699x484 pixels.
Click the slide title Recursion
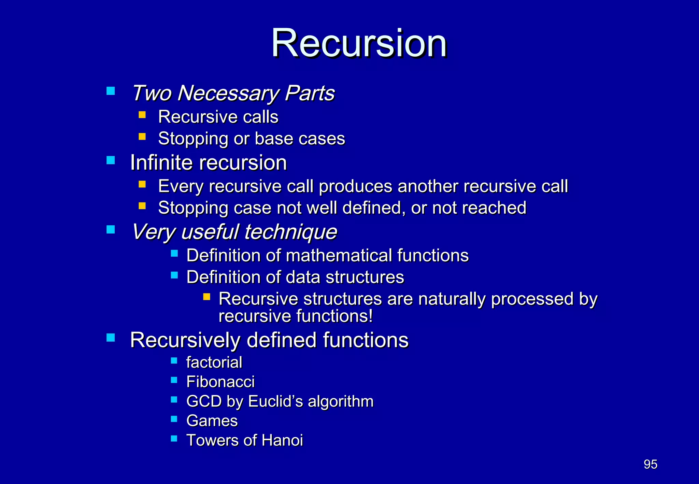[359, 43]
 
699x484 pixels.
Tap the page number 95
[650, 464]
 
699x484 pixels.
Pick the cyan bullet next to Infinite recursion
[111, 160]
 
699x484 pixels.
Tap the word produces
[355, 187]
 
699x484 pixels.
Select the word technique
[290, 232]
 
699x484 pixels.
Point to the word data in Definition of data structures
[303, 277]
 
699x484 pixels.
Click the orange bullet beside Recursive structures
[206, 296]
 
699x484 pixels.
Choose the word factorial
[214, 362]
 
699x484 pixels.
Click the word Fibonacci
[220, 382]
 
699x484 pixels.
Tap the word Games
[212, 421]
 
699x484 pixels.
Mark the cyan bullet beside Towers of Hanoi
[174, 438]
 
